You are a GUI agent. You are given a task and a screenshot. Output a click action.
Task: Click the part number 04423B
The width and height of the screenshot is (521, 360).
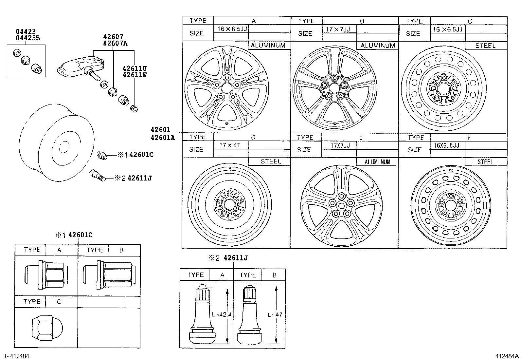click(28, 38)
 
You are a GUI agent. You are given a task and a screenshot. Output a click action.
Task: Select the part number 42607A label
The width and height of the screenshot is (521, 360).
click(115, 43)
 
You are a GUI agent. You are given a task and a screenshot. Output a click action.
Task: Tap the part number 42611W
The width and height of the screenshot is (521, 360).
click(135, 74)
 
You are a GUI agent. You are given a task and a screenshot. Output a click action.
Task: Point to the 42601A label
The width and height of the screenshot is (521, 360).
click(163, 138)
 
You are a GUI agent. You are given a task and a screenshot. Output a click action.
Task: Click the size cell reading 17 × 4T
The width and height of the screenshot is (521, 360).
click(230, 145)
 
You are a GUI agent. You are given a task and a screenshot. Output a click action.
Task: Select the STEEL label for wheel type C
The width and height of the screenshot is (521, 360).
click(485, 46)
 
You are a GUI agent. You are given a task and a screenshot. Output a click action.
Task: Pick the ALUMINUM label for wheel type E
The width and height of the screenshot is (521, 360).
click(377, 162)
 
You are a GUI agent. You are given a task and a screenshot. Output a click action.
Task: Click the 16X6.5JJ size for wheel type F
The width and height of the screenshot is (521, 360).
click(447, 145)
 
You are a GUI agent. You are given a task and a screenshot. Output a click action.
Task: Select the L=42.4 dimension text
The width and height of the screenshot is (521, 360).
click(222, 314)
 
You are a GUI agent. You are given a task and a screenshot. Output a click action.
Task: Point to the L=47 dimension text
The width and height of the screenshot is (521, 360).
click(275, 315)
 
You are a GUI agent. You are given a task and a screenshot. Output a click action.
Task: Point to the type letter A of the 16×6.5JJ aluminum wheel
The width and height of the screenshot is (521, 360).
click(253, 21)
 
